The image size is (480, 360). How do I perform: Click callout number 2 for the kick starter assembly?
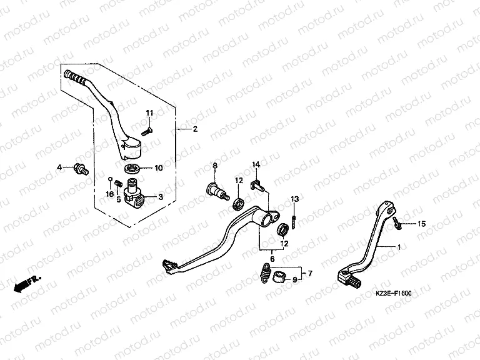coord(195,129)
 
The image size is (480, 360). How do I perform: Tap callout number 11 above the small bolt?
coord(149,112)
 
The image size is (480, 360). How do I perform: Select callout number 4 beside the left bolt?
coord(60,167)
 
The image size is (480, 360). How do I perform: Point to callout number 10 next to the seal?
coord(158,168)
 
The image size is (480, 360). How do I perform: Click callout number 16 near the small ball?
coord(109,194)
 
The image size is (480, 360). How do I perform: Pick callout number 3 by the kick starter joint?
coord(161,196)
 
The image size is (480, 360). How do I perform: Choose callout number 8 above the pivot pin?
coord(214,165)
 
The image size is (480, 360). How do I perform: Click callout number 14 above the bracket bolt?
coord(256,164)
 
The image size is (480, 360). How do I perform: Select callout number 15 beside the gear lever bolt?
coord(421,224)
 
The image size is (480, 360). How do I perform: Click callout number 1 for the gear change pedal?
coord(398,247)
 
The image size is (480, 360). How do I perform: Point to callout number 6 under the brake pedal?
coord(271,258)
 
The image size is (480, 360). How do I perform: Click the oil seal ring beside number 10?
coord(132,168)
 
